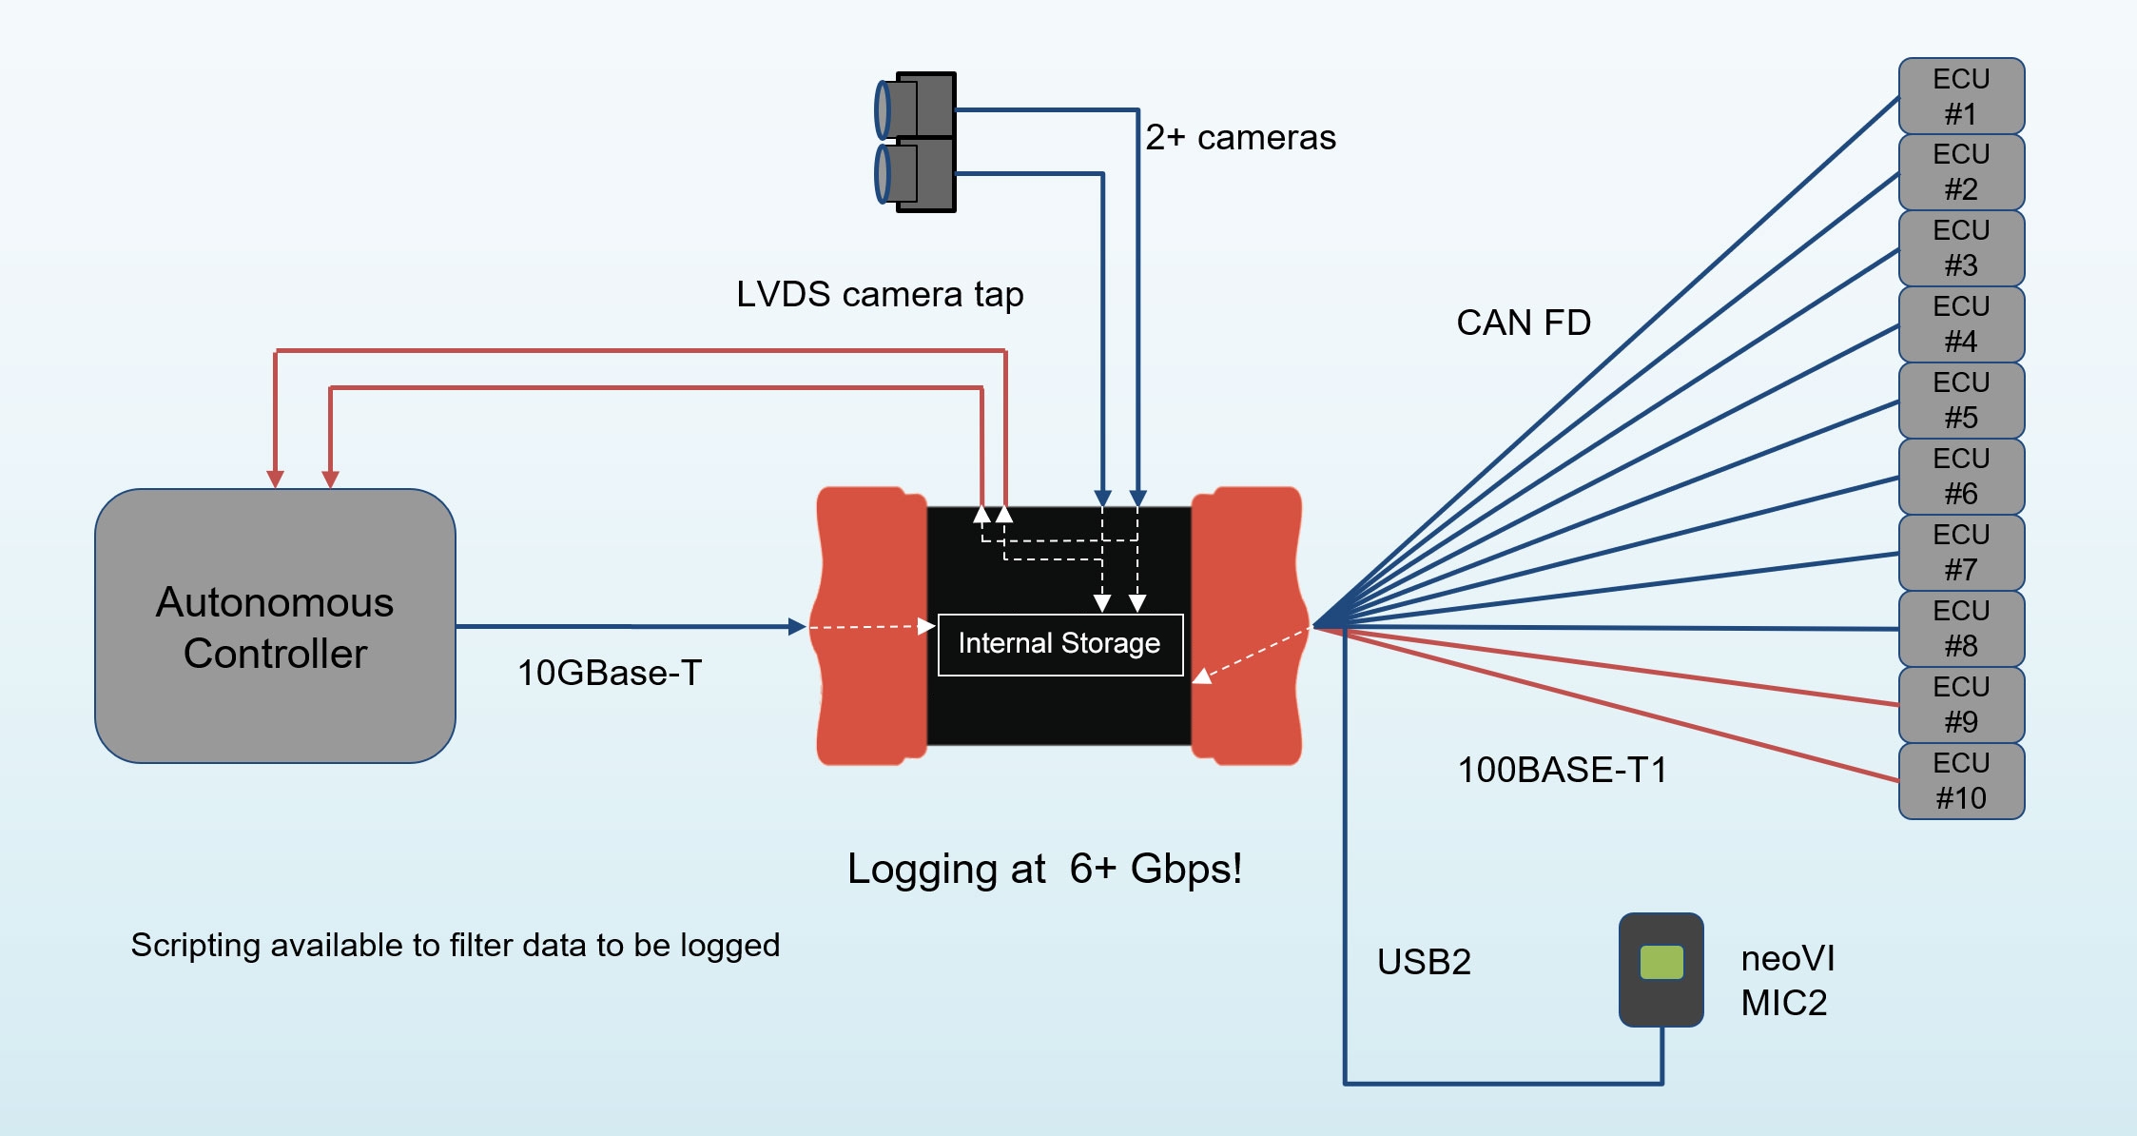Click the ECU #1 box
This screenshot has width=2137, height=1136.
[x=1961, y=96]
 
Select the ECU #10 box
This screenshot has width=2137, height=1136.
[x=1961, y=781]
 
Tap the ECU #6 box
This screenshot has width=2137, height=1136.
[x=1961, y=477]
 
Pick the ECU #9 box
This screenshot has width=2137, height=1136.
[x=1961, y=705]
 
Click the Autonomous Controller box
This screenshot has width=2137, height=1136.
[x=275, y=626]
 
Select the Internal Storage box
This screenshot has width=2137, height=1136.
[x=1059, y=644]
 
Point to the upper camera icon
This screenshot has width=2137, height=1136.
[x=916, y=108]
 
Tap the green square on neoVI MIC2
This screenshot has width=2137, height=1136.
[x=1661, y=962]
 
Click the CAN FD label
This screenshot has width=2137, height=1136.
[x=1523, y=323]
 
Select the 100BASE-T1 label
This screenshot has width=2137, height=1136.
[x=1562, y=770]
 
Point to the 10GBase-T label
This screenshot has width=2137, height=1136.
[x=609, y=673]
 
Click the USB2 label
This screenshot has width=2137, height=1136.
[x=1424, y=962]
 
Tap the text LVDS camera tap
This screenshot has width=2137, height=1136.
[x=880, y=295]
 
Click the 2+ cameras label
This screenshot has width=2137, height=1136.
[x=1240, y=138]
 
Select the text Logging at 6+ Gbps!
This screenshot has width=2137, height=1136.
[x=1044, y=869]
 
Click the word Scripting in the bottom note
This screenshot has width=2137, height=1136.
[x=195, y=946]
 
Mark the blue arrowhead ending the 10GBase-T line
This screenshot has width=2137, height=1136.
[x=798, y=626]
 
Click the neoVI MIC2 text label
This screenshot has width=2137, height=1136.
[x=1786, y=980]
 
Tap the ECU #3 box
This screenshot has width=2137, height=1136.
[x=1961, y=248]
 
